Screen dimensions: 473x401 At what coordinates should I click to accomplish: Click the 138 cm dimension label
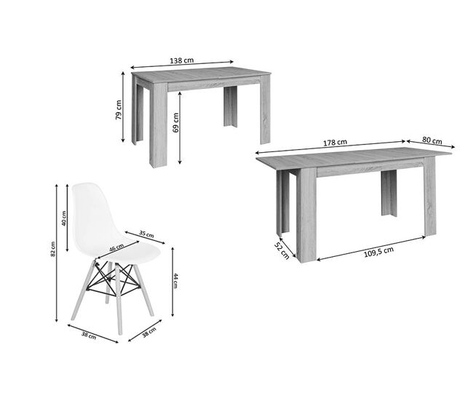(182, 60)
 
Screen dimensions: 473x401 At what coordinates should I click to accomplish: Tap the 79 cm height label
(119, 110)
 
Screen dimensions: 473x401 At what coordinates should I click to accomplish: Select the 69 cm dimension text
(175, 123)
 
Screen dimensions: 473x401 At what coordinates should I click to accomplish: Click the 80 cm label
(432, 140)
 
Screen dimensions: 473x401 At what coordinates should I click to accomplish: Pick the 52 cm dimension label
(282, 250)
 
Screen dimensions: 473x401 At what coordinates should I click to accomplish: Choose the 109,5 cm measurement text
(378, 252)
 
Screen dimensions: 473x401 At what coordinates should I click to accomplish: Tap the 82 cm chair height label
(53, 249)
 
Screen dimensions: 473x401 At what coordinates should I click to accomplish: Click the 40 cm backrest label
(63, 218)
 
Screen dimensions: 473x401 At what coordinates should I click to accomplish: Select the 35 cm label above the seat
(146, 234)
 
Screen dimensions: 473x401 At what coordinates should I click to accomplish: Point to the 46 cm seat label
(116, 247)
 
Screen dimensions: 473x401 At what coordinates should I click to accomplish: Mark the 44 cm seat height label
(175, 281)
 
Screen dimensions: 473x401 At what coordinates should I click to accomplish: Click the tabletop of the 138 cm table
(201, 76)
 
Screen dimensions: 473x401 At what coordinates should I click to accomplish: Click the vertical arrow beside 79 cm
(123, 107)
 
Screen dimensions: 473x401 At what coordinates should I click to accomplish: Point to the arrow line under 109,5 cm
(371, 248)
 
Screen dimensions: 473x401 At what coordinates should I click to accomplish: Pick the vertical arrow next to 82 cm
(57, 253)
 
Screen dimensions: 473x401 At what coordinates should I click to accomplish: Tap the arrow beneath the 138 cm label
(182, 65)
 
